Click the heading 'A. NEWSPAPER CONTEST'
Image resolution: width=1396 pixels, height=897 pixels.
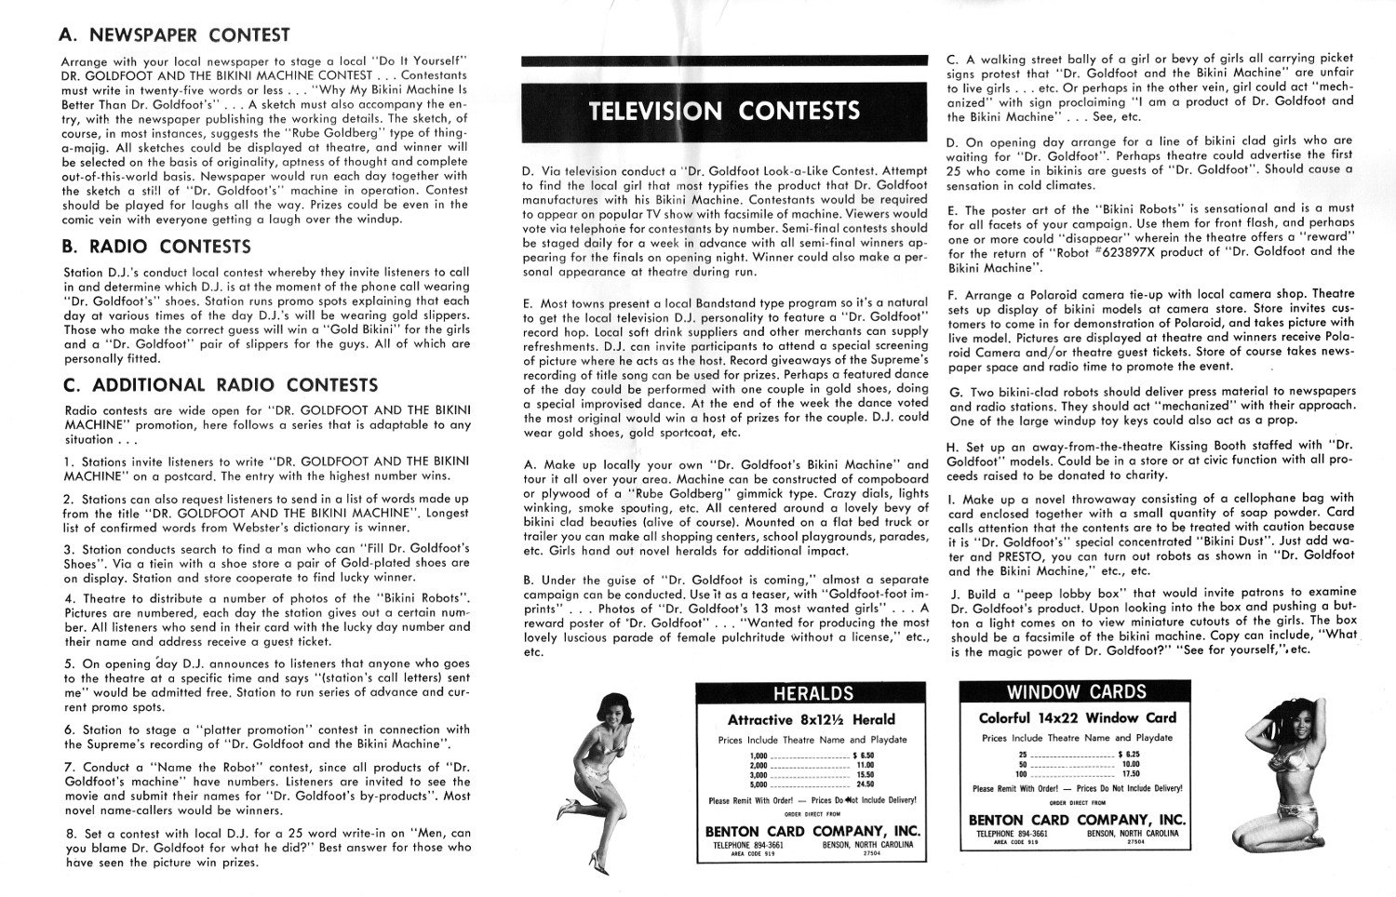(x=174, y=36)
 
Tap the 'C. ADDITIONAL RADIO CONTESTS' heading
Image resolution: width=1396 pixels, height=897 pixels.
(x=219, y=385)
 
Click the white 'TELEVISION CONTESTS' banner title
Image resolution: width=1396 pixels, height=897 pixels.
(x=724, y=111)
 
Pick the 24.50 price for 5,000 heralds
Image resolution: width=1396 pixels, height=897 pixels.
(x=865, y=783)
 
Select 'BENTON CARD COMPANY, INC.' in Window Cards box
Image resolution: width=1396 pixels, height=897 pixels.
(x=1077, y=820)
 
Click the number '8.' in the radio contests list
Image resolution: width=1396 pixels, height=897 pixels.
(x=70, y=834)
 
